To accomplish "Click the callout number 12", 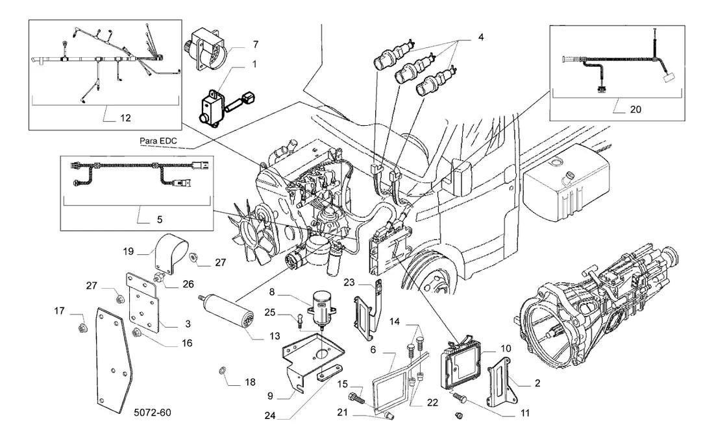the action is pyautogui.click(x=125, y=118).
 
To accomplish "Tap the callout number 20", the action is pyautogui.click(x=635, y=109).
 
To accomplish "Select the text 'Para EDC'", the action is pyautogui.click(x=158, y=141).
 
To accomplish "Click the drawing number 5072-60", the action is pyautogui.click(x=153, y=413).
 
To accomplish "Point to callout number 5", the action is pyautogui.click(x=160, y=220).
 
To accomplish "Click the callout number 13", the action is pyautogui.click(x=275, y=336).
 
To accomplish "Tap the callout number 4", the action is pyautogui.click(x=481, y=38).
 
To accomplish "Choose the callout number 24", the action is pyautogui.click(x=270, y=416).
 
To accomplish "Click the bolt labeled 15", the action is pyautogui.click(x=356, y=399).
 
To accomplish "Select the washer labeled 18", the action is pyautogui.click(x=223, y=369).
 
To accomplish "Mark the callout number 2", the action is pyautogui.click(x=537, y=383).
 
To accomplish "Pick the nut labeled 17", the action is pyautogui.click(x=82, y=328).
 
